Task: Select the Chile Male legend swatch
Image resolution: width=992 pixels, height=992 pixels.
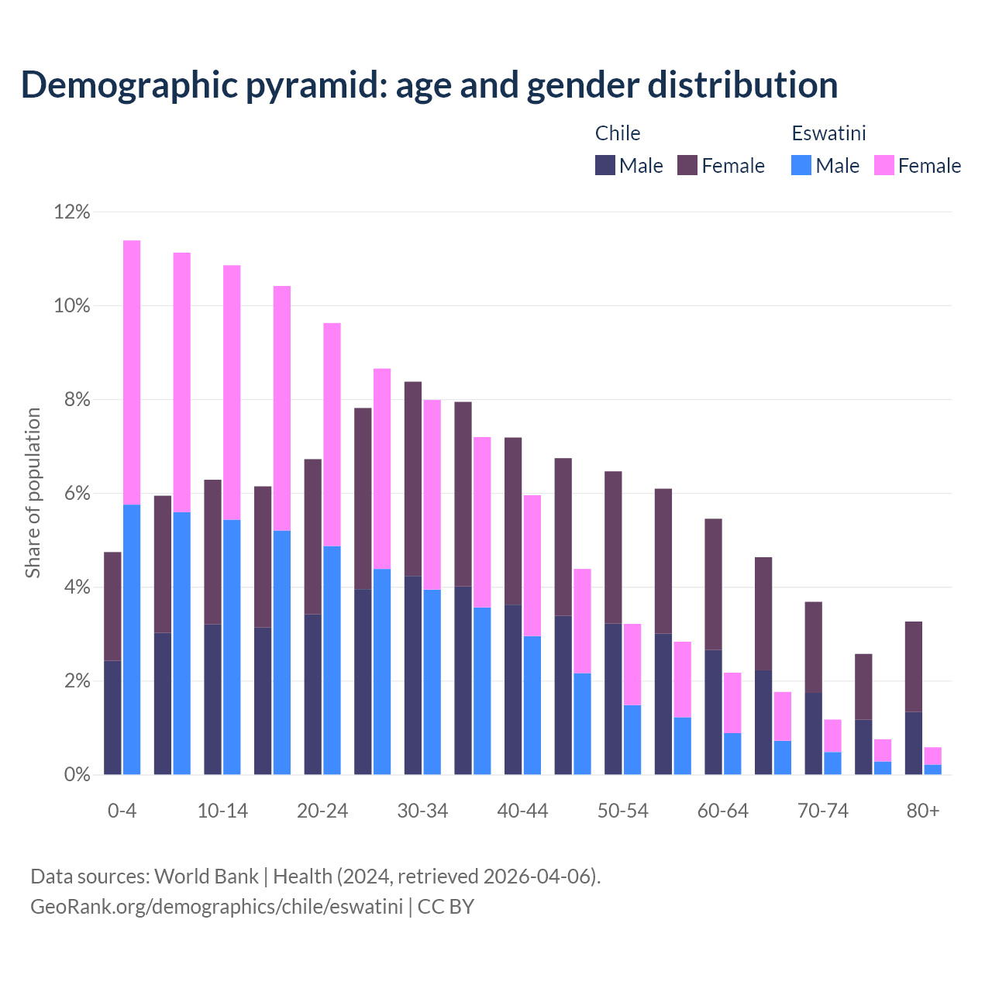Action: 605,165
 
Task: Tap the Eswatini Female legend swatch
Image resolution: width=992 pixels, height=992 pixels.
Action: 883,165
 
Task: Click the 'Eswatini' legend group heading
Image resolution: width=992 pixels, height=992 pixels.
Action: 828,133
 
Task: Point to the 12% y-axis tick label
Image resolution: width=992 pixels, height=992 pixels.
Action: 72,212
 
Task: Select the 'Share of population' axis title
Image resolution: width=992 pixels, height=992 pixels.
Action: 33,493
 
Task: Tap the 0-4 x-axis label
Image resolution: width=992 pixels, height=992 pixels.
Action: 122,811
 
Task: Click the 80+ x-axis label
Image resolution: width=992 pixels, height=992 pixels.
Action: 923,811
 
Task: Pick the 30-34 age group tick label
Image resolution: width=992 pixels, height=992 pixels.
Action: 422,811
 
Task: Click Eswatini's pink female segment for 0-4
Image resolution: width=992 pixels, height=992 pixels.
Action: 132,372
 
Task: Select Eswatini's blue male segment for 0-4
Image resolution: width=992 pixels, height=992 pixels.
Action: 132,639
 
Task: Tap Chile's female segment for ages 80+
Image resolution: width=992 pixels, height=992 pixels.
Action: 914,666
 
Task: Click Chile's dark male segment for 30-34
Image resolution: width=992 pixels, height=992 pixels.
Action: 413,674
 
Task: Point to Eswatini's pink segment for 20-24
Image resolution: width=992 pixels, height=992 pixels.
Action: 332,434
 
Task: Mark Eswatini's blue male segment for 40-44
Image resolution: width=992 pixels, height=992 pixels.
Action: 532,705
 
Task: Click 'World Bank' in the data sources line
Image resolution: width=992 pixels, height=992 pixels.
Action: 206,877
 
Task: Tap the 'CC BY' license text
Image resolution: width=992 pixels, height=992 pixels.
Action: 446,907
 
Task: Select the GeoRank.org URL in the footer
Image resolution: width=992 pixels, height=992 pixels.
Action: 216,907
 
